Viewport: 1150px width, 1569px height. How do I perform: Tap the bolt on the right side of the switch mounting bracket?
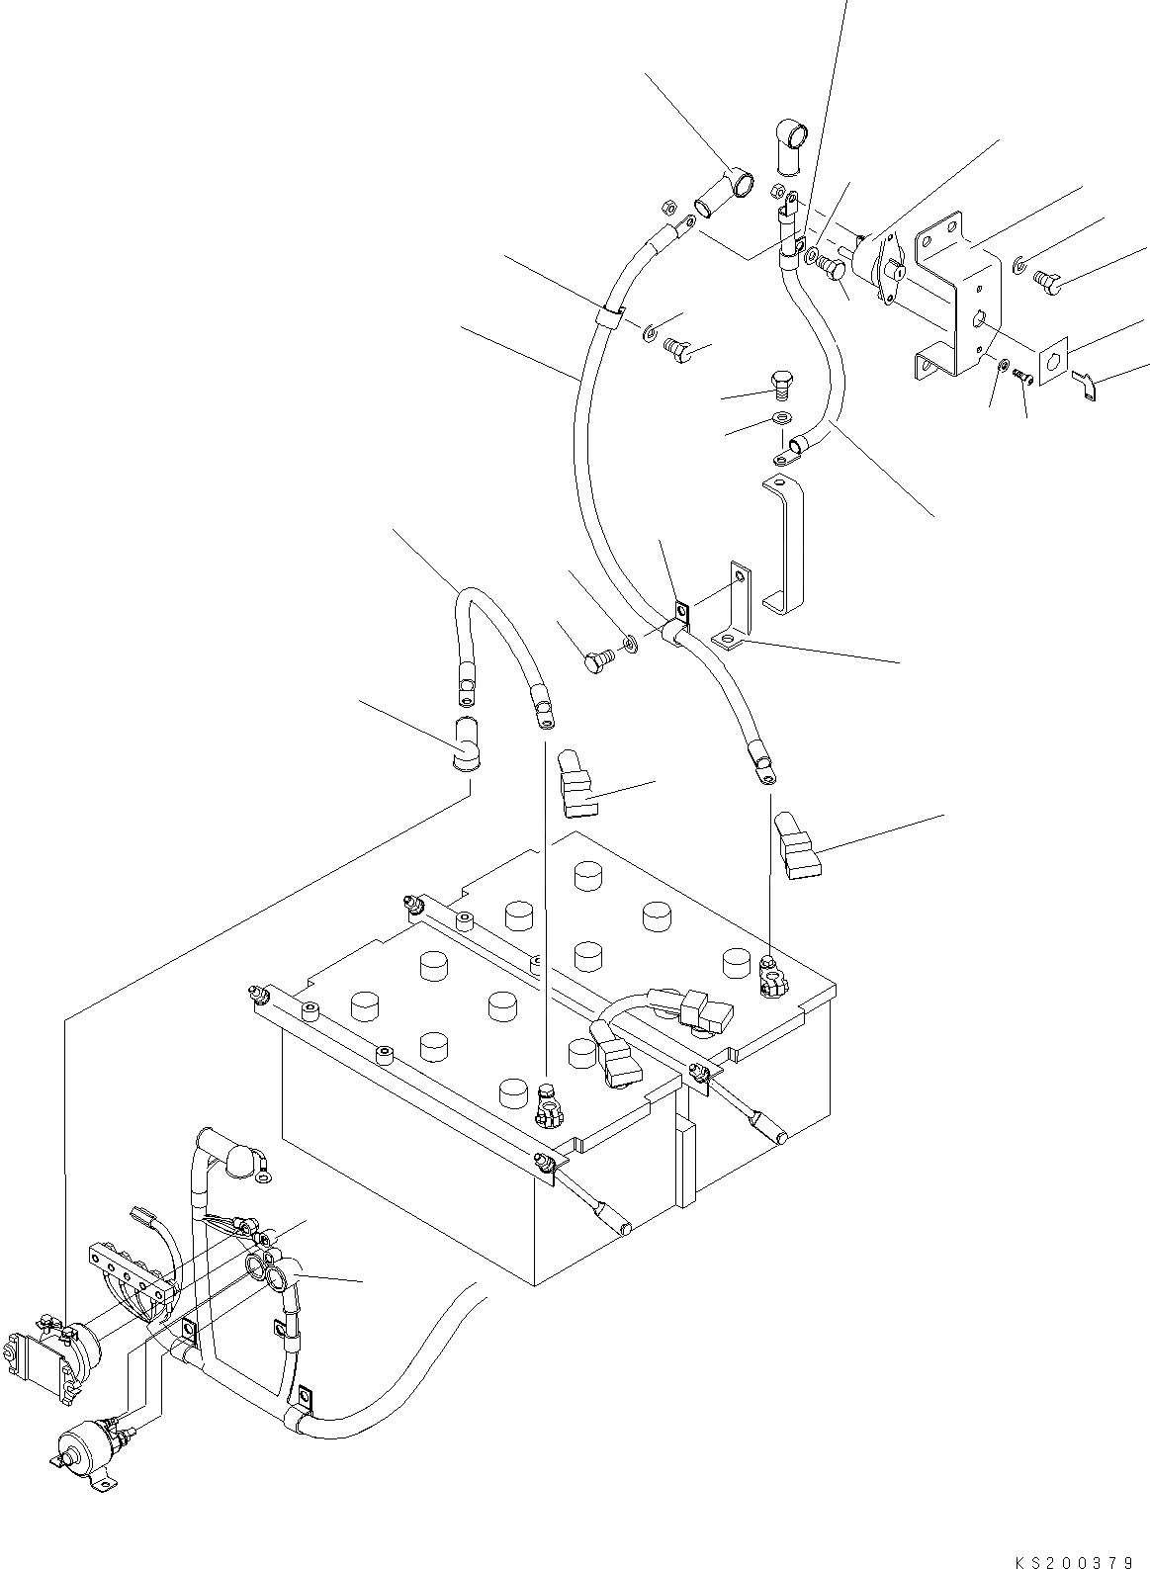[1047, 283]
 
